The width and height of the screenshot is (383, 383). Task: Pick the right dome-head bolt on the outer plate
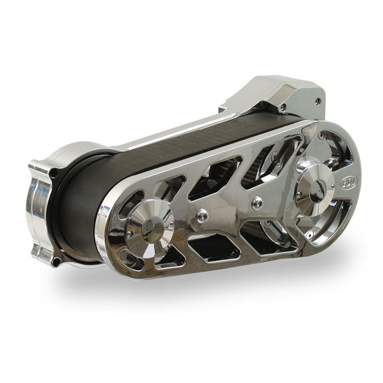tap(257, 203)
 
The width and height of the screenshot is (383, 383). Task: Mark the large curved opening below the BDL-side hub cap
tap(326, 227)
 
